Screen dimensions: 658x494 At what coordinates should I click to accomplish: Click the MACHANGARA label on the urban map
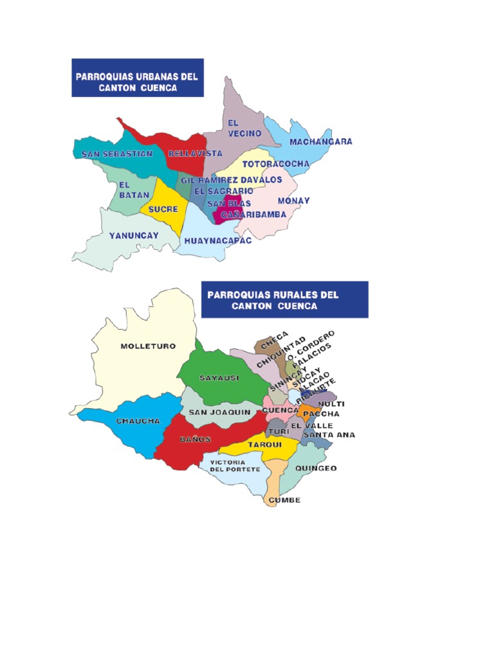point(320,141)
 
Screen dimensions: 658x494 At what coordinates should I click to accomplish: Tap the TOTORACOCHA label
point(275,164)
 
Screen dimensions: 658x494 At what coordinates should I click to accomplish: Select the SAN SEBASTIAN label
point(113,154)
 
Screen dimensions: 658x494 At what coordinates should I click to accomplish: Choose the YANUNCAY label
point(133,236)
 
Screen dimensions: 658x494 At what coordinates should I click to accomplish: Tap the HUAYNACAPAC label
point(214,241)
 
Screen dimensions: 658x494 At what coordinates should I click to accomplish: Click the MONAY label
point(293,200)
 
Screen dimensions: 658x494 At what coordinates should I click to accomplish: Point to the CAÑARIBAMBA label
point(253,215)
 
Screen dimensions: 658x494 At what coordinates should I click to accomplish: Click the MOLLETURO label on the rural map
point(148,346)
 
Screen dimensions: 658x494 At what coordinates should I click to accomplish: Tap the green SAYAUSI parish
point(219,378)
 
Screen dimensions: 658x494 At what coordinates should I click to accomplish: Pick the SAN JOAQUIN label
point(219,412)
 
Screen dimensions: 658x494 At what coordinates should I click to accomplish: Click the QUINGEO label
point(315,468)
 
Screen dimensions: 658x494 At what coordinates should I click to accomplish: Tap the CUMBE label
point(284,500)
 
